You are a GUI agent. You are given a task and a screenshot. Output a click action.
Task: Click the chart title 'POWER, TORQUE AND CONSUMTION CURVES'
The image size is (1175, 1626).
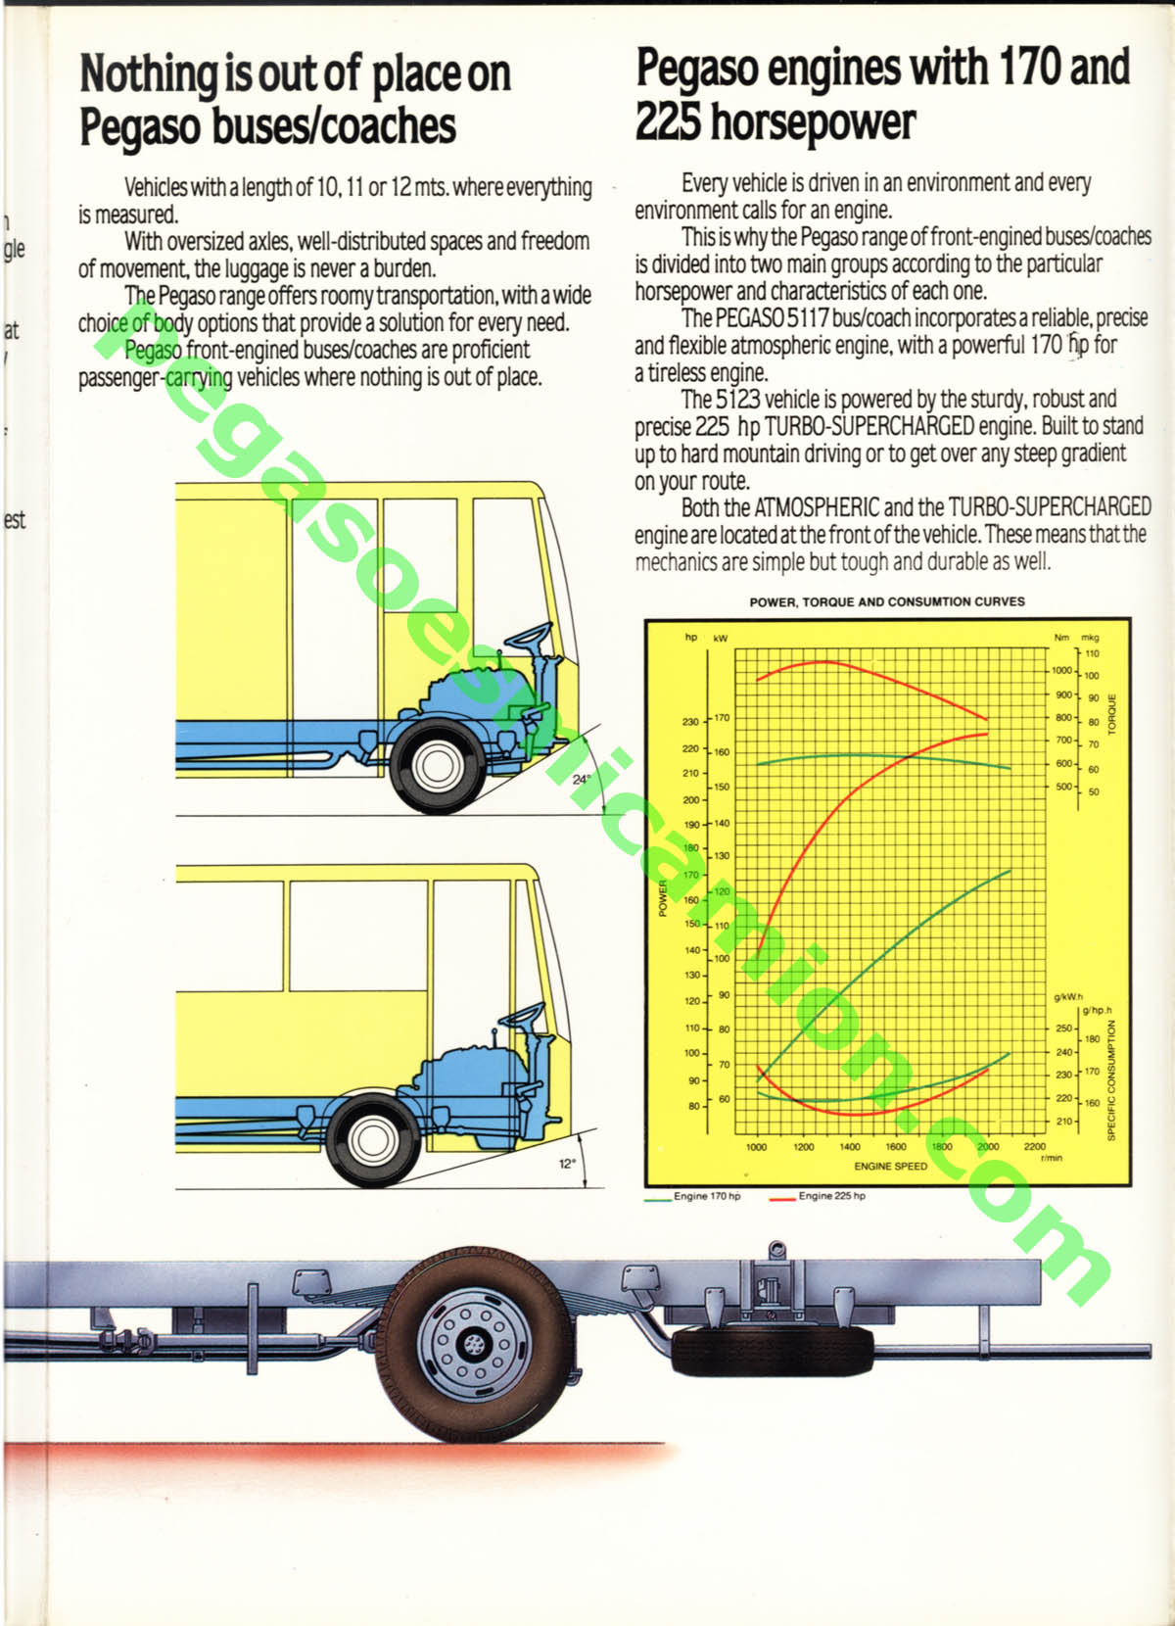[886, 601]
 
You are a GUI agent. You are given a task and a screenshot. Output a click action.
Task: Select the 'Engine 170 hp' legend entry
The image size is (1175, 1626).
[706, 1196]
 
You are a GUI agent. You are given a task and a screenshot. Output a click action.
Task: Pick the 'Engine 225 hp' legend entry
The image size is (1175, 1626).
[831, 1196]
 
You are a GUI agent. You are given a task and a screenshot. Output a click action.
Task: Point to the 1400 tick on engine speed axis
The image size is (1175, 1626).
[850, 1146]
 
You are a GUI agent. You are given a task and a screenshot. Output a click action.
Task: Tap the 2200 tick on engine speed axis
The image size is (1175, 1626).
[1034, 1146]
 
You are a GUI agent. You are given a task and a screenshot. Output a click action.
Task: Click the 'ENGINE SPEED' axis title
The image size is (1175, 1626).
[890, 1166]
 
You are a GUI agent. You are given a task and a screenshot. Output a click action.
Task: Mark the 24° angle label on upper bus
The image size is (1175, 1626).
[581, 780]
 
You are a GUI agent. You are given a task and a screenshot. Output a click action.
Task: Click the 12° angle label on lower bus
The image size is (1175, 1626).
[567, 1164]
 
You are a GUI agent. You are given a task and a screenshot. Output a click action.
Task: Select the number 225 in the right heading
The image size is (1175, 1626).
[668, 121]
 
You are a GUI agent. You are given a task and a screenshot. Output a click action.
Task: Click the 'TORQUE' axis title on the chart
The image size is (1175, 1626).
[1111, 714]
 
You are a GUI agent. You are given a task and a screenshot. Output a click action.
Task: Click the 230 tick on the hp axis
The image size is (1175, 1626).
[690, 722]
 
